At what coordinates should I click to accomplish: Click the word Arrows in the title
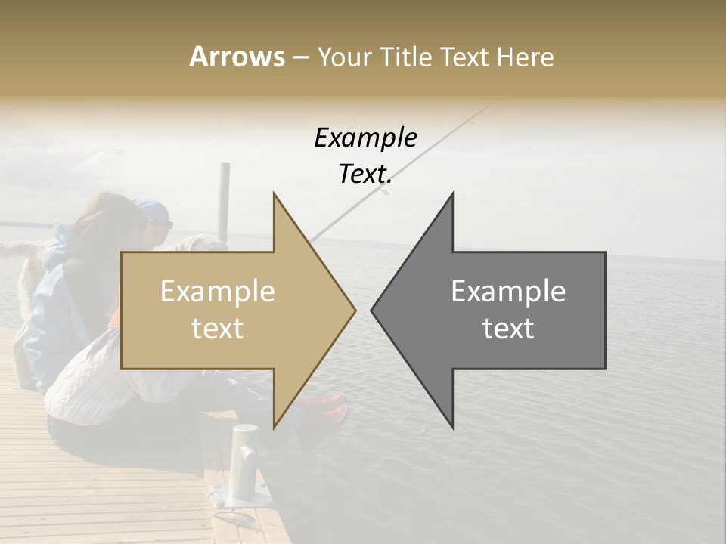click(237, 57)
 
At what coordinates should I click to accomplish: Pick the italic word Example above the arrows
click(365, 138)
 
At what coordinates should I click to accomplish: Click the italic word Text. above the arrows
click(365, 174)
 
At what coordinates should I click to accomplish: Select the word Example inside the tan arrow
click(218, 292)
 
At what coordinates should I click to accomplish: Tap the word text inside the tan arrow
click(218, 329)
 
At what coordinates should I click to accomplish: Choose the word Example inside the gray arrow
click(508, 292)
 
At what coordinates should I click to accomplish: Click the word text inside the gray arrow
click(508, 329)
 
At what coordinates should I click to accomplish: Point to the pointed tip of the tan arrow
click(354, 310)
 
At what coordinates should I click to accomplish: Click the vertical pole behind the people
click(224, 200)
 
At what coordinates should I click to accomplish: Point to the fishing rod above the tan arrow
click(423, 151)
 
